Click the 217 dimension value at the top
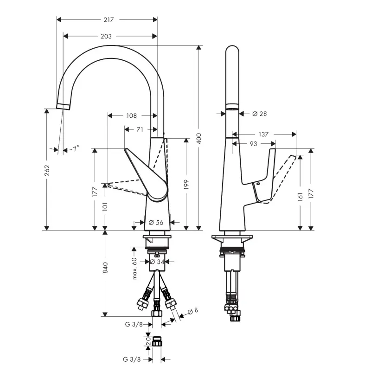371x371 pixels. pos(109,19)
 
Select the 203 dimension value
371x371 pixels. pos(106,36)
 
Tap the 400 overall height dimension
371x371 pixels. pos(199,138)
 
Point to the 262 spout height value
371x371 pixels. pos(47,170)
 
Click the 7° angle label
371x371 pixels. pos(76,149)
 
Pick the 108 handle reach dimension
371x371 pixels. pos(131,115)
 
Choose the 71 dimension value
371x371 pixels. pos(140,129)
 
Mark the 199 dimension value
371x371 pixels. pos(186,184)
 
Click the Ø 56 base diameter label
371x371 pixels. pos(156,223)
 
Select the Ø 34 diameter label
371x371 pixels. pos(157,262)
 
